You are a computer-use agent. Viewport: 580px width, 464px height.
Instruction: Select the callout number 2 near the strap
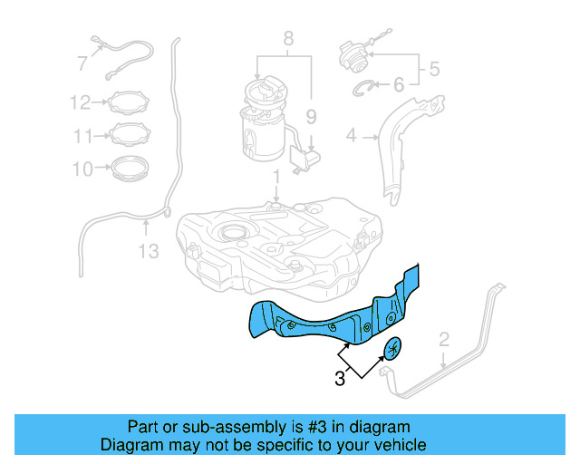coord(443,340)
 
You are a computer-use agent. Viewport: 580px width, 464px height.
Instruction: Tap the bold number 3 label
coord(339,380)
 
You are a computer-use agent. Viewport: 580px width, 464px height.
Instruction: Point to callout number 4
coord(352,137)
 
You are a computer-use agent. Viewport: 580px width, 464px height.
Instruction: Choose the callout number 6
coord(398,85)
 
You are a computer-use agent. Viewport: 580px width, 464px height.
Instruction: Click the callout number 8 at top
coord(288,38)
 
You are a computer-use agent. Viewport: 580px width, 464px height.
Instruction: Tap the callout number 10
coord(82,169)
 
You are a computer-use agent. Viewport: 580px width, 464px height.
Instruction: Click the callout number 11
coord(83,136)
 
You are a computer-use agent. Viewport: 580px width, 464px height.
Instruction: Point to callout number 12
coord(81,102)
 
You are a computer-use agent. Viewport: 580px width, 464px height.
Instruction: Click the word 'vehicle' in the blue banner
coord(395,446)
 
